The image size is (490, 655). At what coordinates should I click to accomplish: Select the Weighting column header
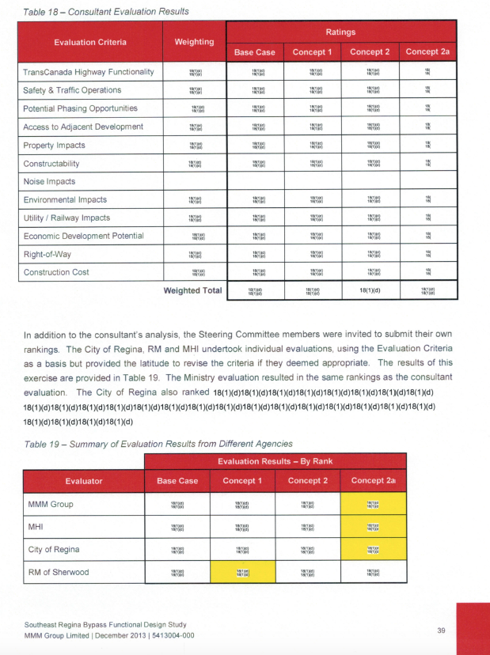pos(194,41)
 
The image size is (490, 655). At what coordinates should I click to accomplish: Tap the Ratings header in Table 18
pos(341,32)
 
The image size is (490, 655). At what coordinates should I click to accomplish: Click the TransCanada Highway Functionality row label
pos(88,72)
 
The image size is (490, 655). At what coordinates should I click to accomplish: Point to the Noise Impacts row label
pos(49,181)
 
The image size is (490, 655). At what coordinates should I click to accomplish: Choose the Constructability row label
pos(51,164)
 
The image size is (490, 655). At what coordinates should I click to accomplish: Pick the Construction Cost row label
pos(58,272)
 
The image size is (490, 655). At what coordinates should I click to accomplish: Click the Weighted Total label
pos(192,291)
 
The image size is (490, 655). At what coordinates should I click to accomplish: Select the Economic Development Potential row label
pos(83,236)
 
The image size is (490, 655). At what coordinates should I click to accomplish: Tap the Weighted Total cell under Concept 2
pos(370,291)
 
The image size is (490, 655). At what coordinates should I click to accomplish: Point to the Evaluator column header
pos(84,480)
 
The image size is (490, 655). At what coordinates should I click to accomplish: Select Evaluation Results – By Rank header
pos(275,461)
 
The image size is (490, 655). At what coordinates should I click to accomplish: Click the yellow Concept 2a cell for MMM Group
pos(372,504)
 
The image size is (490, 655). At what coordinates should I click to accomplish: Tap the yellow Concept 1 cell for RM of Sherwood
pos(242,574)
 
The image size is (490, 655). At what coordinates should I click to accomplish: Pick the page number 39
pos(442,630)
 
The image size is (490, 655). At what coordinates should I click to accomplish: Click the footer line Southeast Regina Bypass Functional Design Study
pos(115,624)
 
